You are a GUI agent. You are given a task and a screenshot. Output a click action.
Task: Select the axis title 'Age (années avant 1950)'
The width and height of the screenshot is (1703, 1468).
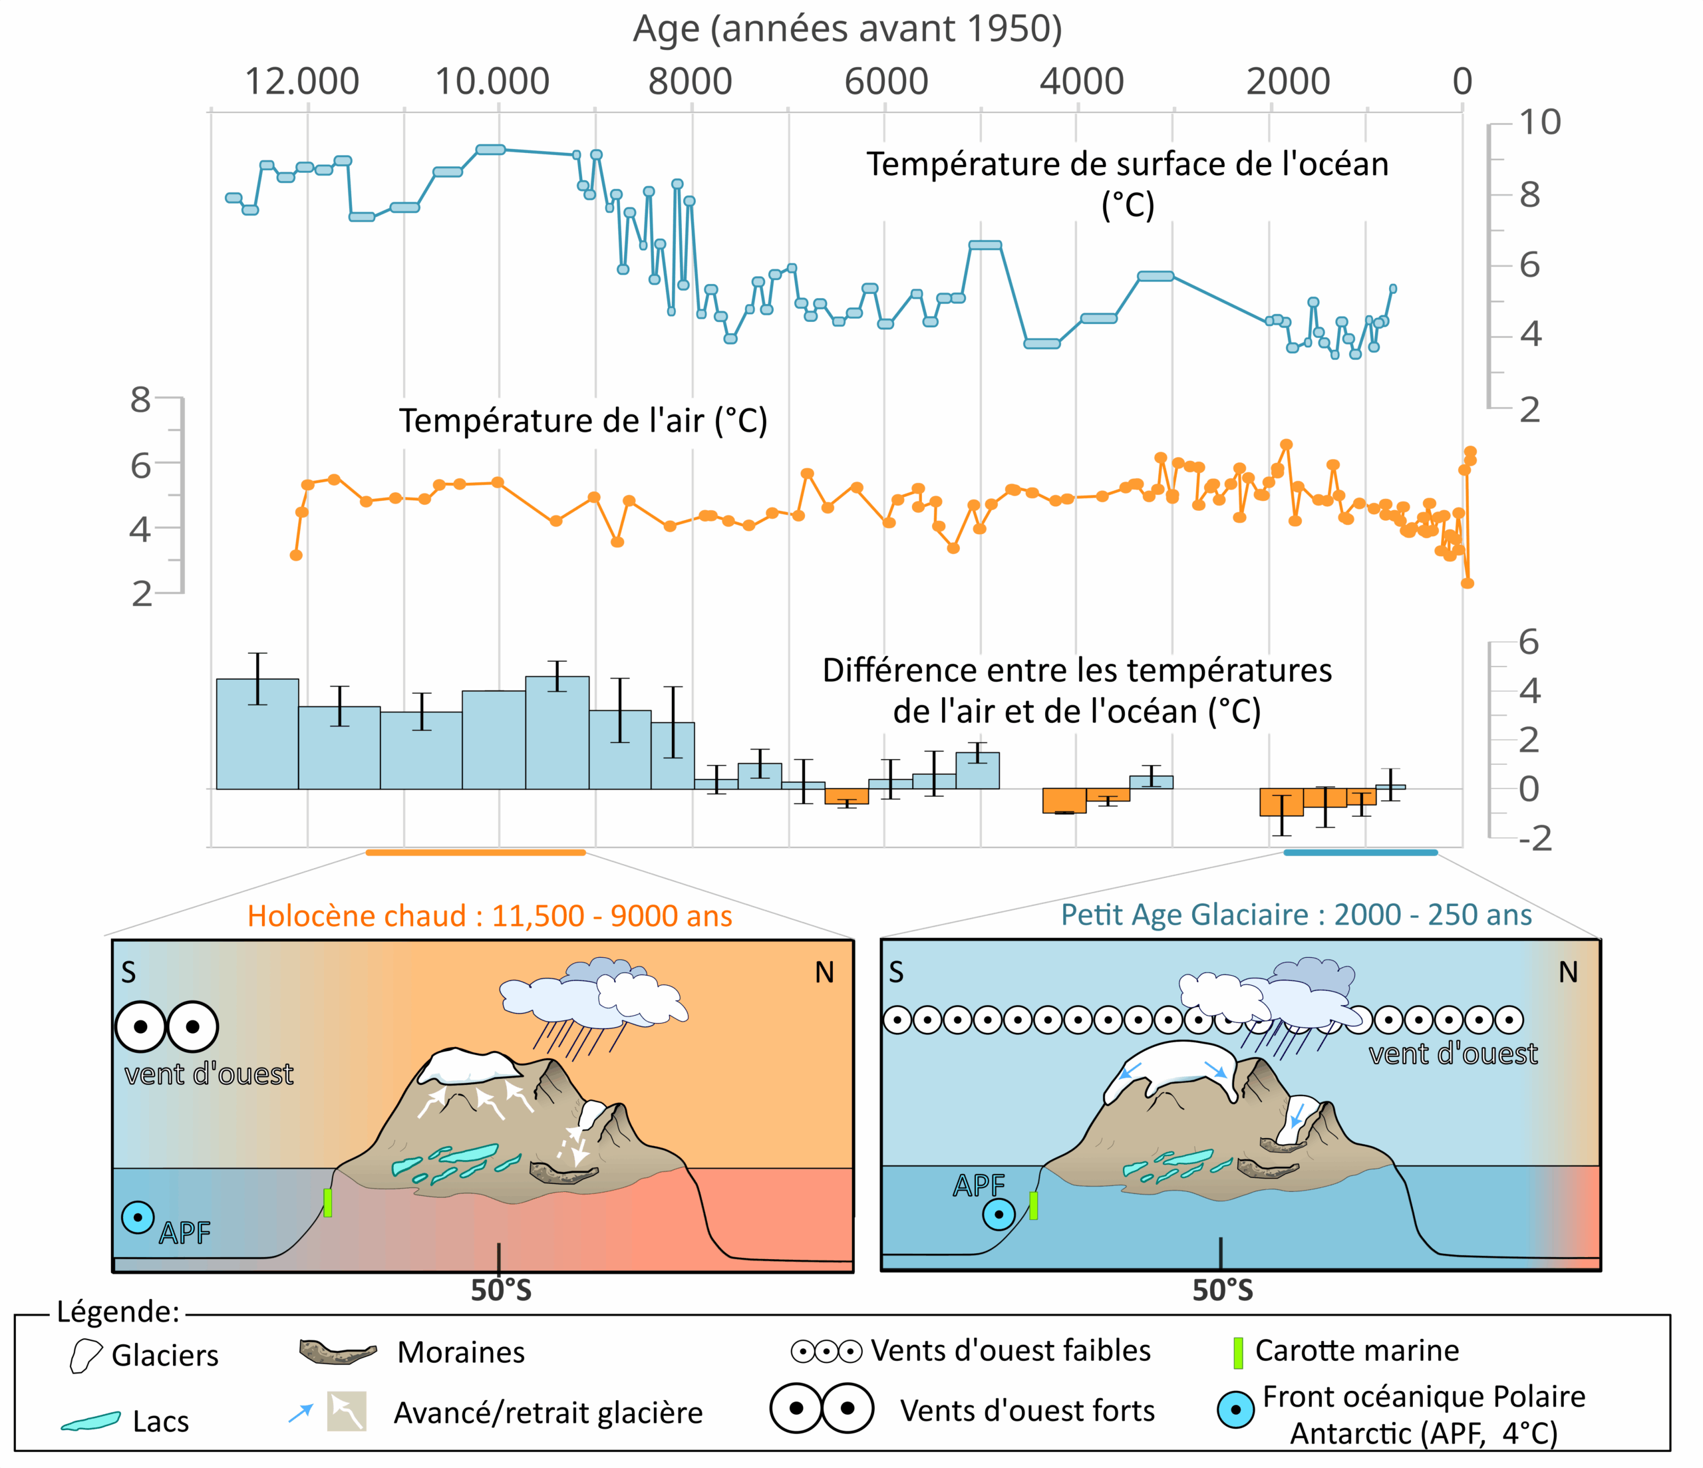click(x=847, y=29)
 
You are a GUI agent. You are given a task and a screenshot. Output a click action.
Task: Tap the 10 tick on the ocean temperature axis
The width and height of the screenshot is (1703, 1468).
click(x=1539, y=122)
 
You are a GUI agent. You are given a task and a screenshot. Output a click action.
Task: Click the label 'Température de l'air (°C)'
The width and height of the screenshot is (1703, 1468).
click(x=583, y=421)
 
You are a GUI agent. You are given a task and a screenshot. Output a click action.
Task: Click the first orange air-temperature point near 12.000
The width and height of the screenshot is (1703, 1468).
click(x=296, y=555)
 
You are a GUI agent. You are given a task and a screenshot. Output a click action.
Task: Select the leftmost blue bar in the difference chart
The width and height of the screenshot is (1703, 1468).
click(x=257, y=734)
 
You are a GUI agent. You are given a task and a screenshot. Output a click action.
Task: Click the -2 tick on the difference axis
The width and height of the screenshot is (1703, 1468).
click(x=1533, y=838)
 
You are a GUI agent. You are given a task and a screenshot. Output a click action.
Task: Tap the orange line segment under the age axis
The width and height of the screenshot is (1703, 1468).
click(x=475, y=853)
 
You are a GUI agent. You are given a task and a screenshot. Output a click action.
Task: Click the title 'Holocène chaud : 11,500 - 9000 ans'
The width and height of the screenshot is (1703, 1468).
click(x=489, y=916)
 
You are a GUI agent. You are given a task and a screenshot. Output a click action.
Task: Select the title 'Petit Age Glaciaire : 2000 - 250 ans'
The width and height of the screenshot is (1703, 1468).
click(x=1295, y=915)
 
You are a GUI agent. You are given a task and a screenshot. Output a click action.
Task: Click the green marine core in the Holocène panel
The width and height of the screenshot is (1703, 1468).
click(x=327, y=1203)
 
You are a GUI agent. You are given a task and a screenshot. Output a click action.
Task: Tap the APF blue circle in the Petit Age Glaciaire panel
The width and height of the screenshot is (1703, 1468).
click(x=998, y=1214)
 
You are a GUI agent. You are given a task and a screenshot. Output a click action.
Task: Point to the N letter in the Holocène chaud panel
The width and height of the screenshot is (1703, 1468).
click(x=824, y=973)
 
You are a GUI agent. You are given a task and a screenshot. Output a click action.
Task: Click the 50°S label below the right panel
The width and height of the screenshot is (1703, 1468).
click(x=1222, y=1290)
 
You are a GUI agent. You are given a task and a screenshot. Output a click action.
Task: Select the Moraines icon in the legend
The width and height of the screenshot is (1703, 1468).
click(x=338, y=1352)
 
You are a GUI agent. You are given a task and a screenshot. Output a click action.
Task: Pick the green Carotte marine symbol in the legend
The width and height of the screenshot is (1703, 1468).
click(x=1238, y=1352)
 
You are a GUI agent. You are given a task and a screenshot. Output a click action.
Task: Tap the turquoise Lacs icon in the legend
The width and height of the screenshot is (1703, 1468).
click(x=90, y=1421)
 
